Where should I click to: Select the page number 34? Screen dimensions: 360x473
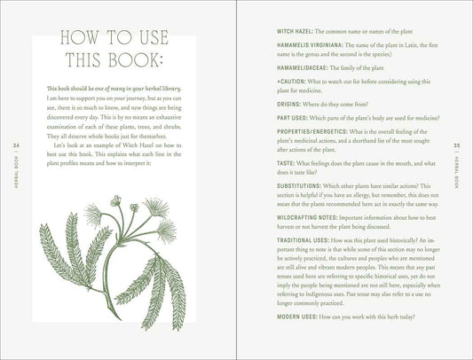click(16, 145)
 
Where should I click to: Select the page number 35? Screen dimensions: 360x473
click(457, 145)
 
